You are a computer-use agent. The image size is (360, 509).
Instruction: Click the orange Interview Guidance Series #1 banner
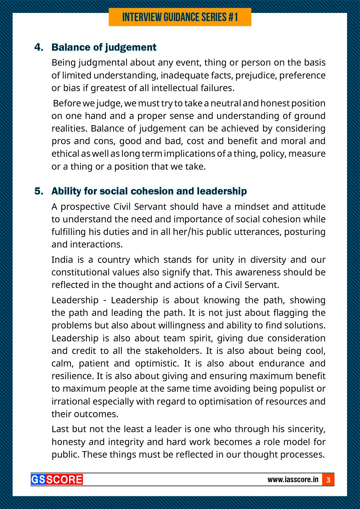[180, 17]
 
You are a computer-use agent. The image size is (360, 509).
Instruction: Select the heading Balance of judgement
[104, 47]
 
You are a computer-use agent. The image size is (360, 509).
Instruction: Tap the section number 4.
[39, 47]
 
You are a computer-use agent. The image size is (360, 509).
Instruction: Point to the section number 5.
[39, 191]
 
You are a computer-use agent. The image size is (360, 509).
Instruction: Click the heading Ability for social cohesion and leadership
[149, 191]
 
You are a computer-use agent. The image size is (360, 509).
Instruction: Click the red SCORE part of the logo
[64, 479]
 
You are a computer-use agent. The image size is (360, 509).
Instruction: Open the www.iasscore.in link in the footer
[293, 479]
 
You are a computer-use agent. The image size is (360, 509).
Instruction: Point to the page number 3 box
[328, 480]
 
